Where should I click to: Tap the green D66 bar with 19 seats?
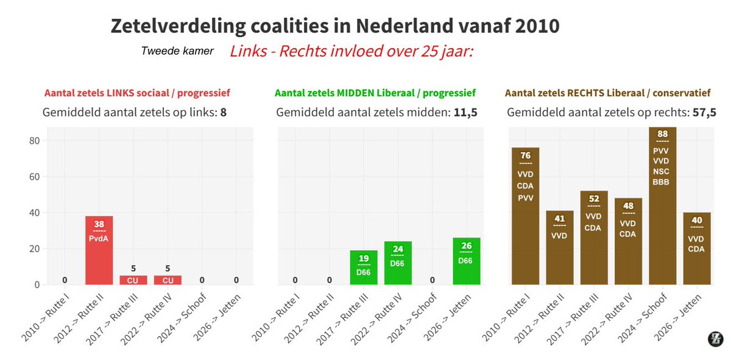(x=363, y=267)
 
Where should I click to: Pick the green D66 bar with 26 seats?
(x=466, y=261)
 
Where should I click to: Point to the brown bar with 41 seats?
(x=559, y=247)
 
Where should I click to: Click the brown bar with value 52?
(x=593, y=238)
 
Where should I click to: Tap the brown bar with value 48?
(x=627, y=241)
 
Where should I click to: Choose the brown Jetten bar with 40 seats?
(x=696, y=249)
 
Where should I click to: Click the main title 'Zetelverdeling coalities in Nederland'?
(x=334, y=26)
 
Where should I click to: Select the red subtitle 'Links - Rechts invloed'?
(x=351, y=51)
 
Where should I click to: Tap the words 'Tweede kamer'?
(x=177, y=51)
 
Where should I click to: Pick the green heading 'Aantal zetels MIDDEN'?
(x=375, y=93)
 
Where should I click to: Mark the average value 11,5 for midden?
(x=466, y=113)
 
